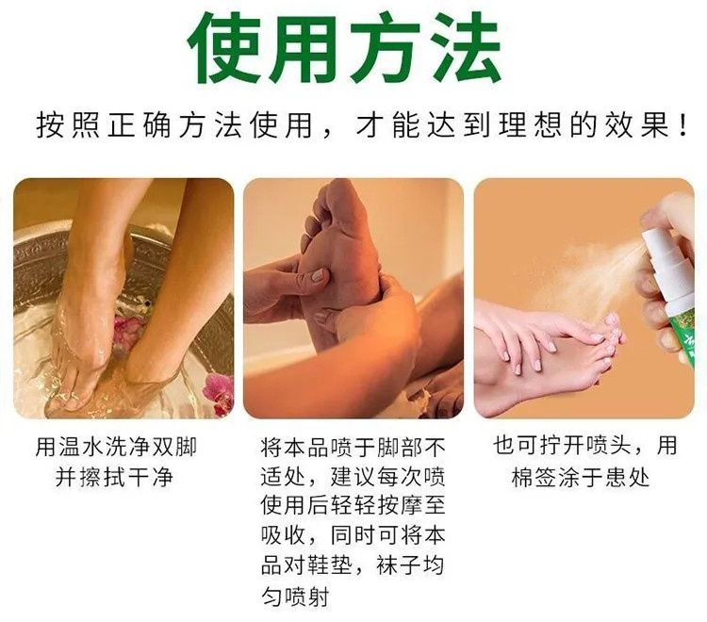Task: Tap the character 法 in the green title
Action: [x=465, y=47]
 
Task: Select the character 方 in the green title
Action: [x=386, y=47]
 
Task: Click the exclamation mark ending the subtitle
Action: [x=683, y=124]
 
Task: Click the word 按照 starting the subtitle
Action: [x=68, y=124]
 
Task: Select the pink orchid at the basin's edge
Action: [x=219, y=392]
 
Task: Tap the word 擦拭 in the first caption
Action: [x=104, y=477]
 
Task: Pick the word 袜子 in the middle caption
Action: [x=400, y=565]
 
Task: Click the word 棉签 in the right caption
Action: [x=535, y=477]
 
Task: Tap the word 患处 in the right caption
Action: [x=628, y=477]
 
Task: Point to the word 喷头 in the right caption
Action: [x=609, y=446]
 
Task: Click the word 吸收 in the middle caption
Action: [x=284, y=535]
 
